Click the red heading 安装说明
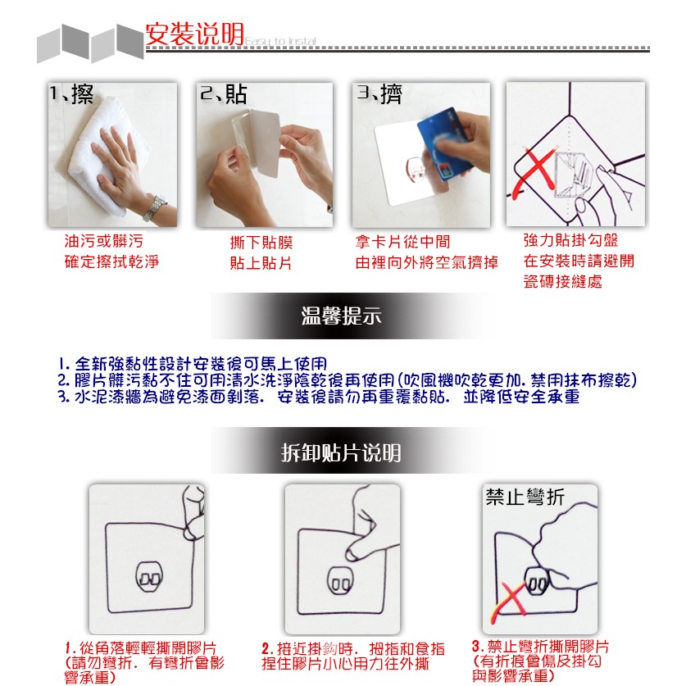click(194, 34)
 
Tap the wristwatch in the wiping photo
click(155, 208)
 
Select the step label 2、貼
click(223, 94)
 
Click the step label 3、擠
click(379, 93)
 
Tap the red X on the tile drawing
click(534, 173)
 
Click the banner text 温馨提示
click(341, 316)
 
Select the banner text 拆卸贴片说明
click(341, 452)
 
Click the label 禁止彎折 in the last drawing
click(525, 497)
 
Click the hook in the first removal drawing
click(148, 577)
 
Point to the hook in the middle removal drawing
click(340, 581)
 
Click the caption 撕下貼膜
click(261, 243)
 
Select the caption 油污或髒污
click(104, 241)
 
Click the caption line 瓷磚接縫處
click(562, 281)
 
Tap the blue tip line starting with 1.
click(193, 364)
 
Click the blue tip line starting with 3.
click(319, 397)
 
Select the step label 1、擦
click(70, 93)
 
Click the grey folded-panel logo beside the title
click(90, 43)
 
